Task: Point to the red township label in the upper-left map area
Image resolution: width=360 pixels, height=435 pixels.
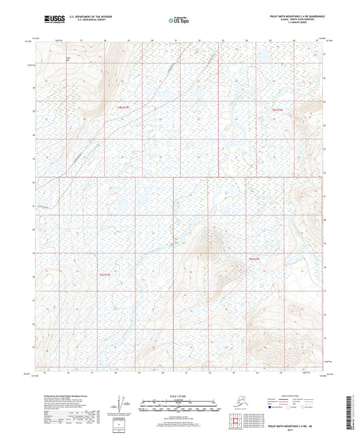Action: pos(123,108)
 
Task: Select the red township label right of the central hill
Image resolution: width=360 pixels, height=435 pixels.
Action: pos(255,259)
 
